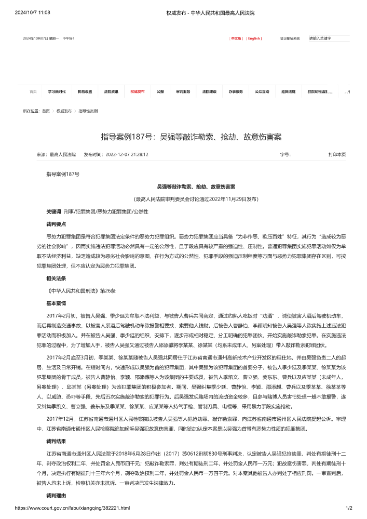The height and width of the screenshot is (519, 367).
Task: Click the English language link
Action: click(x=254, y=38)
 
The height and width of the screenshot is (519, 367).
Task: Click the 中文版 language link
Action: click(x=236, y=38)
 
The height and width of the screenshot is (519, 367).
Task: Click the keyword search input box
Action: click(x=329, y=38)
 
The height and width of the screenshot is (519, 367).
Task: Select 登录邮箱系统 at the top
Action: click(x=290, y=38)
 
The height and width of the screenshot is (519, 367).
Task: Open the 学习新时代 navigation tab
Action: click(x=57, y=91)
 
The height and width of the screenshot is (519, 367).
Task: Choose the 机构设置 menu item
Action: click(x=85, y=91)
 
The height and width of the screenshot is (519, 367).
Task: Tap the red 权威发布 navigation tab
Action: click(x=138, y=91)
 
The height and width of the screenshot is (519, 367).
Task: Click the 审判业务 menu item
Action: click(x=183, y=91)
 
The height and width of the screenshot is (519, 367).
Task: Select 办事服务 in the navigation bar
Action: click(x=236, y=91)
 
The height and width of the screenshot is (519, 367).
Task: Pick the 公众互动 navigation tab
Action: click(x=262, y=91)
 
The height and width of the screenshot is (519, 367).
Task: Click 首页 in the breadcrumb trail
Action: click(x=46, y=111)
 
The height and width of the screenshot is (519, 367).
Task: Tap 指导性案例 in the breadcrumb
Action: click(x=88, y=111)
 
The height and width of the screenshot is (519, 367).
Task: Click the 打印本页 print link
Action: click(x=337, y=155)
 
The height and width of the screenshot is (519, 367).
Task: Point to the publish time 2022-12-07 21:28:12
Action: click(x=127, y=155)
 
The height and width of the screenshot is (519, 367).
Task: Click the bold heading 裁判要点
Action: click(x=56, y=224)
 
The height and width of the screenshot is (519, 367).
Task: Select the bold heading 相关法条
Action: click(x=56, y=278)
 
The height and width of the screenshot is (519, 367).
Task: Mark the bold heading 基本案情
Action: click(x=56, y=302)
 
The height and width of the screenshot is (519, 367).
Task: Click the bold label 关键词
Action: click(x=54, y=212)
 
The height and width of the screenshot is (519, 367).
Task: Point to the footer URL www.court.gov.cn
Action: click(x=73, y=508)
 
